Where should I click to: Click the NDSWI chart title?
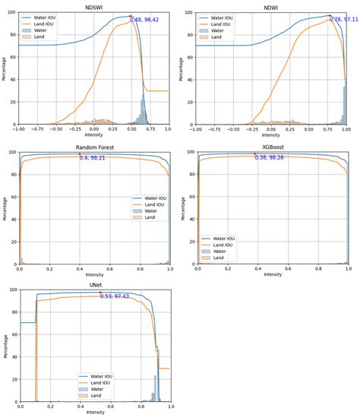pyautogui.click(x=95, y=7)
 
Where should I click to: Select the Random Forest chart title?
pyautogui.click(x=95, y=147)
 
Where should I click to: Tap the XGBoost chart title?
pyautogui.click(x=273, y=147)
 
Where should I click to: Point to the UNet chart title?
pyautogui.click(x=95, y=286)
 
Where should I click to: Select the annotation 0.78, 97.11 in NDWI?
pyautogui.click(x=344, y=18)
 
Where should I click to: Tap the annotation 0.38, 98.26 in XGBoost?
pyautogui.click(x=271, y=158)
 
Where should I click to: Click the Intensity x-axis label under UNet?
pyautogui.click(x=95, y=413)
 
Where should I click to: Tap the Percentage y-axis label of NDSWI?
pyautogui.click(x=5, y=68)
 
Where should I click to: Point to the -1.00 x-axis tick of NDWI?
pyautogui.click(x=197, y=129)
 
